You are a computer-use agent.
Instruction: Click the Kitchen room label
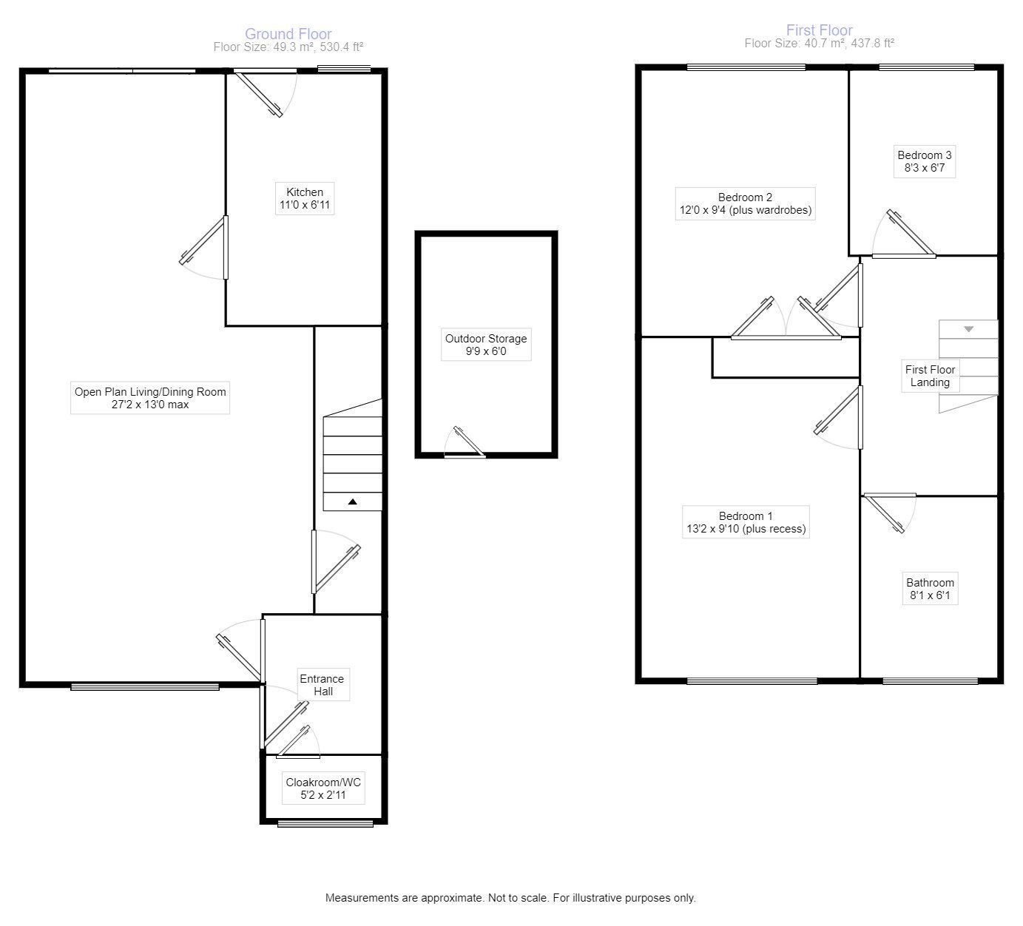[x=305, y=198]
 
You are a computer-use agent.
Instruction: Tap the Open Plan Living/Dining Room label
[x=150, y=398]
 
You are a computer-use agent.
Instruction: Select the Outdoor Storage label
[x=486, y=345]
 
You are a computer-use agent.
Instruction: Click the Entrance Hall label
[x=322, y=685]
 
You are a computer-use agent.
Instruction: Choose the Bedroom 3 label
[x=925, y=161]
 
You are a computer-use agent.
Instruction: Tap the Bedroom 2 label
[x=745, y=203]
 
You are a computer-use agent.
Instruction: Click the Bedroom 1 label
[x=745, y=522]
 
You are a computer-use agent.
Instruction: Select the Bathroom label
[x=930, y=589]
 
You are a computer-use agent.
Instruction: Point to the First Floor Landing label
[x=930, y=376]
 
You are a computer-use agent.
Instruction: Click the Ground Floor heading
[x=288, y=34]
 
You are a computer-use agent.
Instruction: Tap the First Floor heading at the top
[x=819, y=30]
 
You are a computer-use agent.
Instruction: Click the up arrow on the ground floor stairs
[x=353, y=502]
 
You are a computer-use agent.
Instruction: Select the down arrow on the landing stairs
[x=968, y=329]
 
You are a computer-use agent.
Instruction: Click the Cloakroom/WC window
[x=325, y=822]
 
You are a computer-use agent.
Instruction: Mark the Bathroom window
[x=930, y=680]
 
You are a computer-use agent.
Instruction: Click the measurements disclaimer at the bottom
[x=510, y=898]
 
